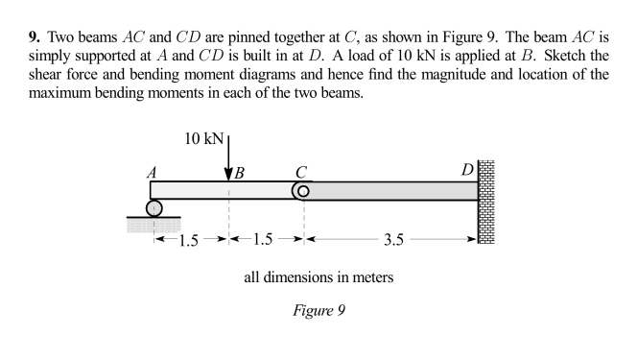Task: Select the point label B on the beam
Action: [240, 173]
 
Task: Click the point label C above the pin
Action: [301, 172]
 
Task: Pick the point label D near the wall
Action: [467, 171]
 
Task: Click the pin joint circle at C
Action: [301, 191]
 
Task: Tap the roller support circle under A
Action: [153, 208]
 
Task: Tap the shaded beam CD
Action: [393, 191]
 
